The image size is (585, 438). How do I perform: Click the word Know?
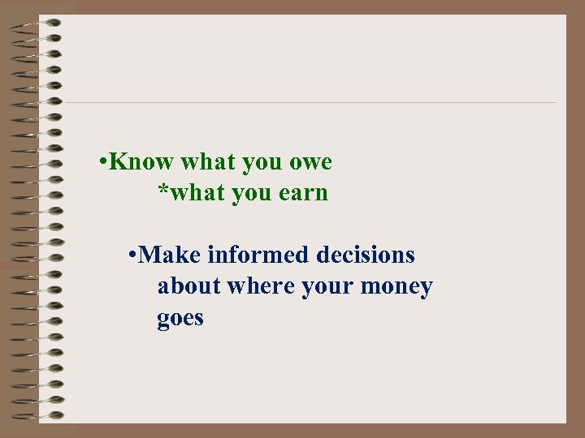141,162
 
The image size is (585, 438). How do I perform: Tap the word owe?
310,163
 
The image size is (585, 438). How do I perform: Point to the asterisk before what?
162,192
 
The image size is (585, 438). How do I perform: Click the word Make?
170,255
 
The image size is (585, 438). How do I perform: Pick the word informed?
259,255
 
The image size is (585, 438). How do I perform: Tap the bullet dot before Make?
132,256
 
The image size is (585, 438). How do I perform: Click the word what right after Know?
207,162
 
